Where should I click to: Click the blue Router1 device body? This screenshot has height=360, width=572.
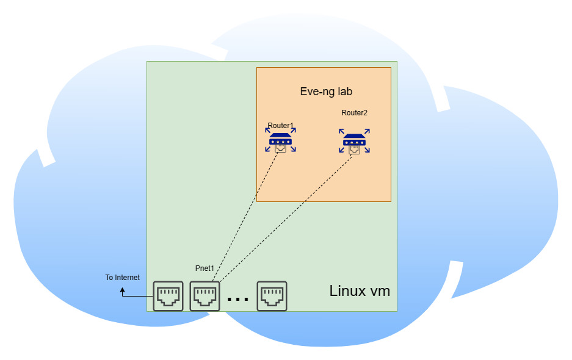tap(281, 140)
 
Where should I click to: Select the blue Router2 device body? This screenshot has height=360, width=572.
tap(354, 142)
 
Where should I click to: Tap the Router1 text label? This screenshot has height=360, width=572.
tap(280, 126)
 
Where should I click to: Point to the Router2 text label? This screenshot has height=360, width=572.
tap(354, 113)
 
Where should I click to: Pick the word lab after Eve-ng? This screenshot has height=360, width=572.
tap(343, 92)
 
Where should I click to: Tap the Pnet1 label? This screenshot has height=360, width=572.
tap(205, 268)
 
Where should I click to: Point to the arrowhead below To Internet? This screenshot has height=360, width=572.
tap(122, 291)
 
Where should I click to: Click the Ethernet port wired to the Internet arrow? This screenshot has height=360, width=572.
tap(168, 296)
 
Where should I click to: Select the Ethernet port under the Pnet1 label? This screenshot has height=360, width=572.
tap(205, 296)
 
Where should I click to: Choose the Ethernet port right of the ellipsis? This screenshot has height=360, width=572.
tap(272, 296)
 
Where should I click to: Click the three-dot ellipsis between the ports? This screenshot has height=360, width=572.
tap(237, 299)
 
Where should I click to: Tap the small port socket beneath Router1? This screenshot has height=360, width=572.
tap(280, 148)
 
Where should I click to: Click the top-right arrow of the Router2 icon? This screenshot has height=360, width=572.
tap(367, 131)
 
